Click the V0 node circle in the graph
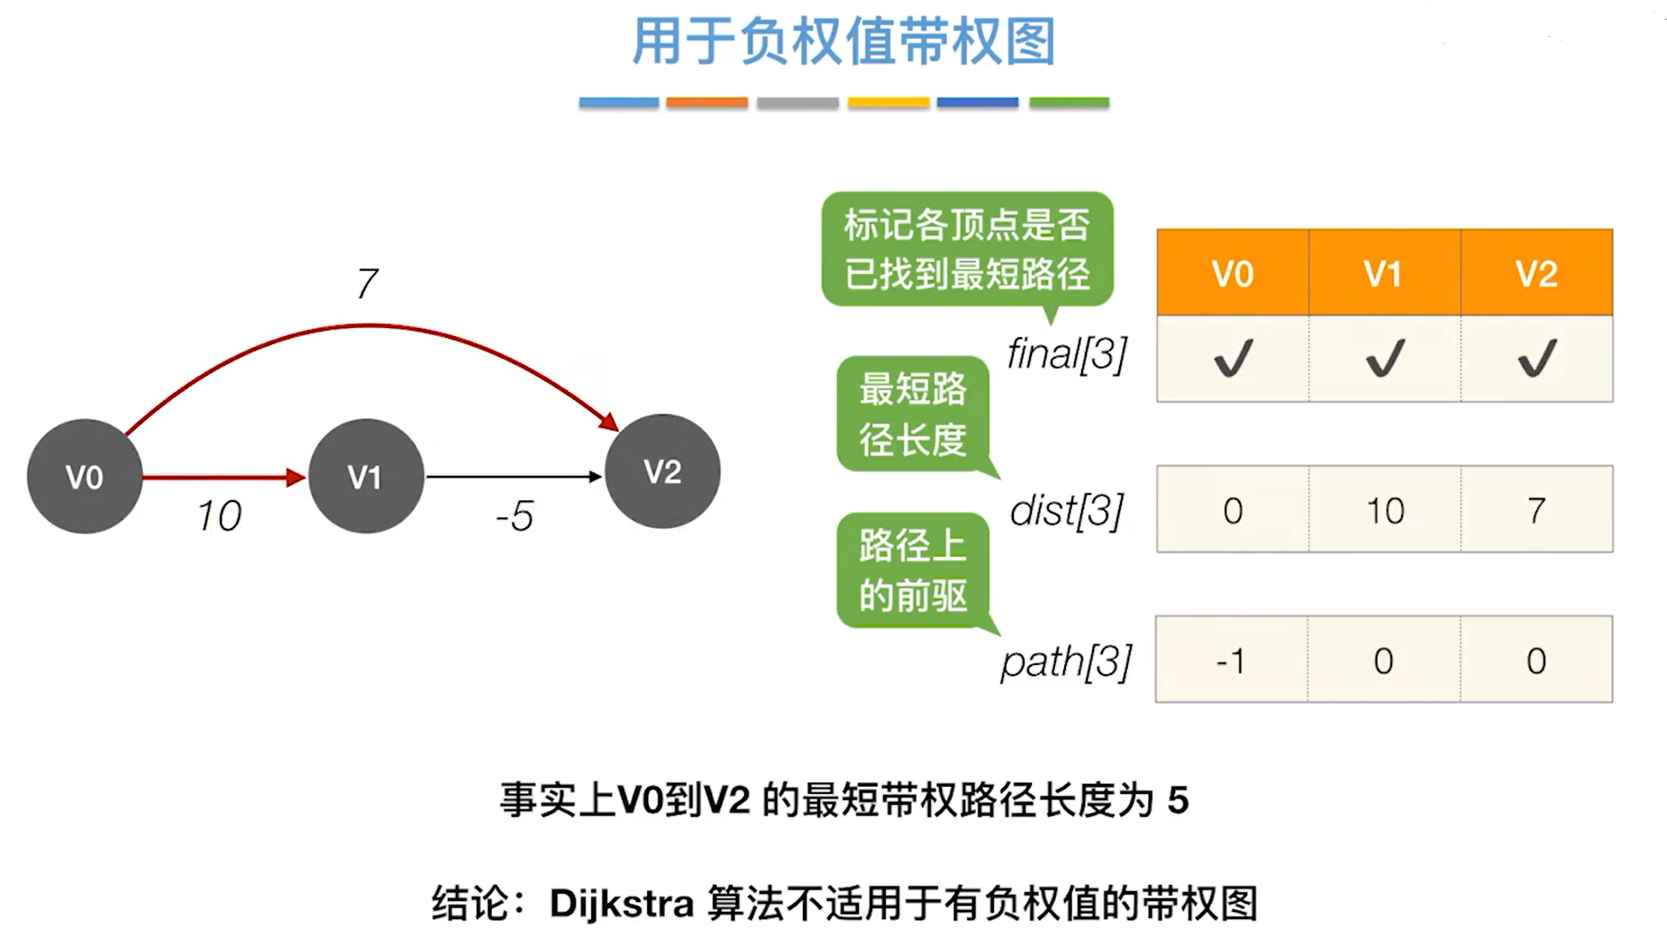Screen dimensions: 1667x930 click(x=85, y=476)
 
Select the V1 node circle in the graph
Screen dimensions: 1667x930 click(x=366, y=476)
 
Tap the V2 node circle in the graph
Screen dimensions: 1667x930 click(x=662, y=471)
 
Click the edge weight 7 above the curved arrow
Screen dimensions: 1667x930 click(x=367, y=284)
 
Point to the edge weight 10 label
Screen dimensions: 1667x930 click(x=219, y=516)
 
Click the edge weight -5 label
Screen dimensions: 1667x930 click(x=515, y=516)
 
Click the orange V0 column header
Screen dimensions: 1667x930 click(x=1233, y=273)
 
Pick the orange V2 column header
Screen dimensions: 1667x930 click(x=1536, y=273)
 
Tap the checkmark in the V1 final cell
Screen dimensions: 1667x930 click(x=1385, y=359)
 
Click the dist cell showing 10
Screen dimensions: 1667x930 click(x=1385, y=510)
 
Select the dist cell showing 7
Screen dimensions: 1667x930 click(x=1536, y=510)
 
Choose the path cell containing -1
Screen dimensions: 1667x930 click(x=1231, y=661)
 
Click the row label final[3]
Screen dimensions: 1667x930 click(x=1067, y=354)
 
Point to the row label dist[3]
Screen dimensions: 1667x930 click(x=1067, y=511)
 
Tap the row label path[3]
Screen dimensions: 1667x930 click(x=1066, y=662)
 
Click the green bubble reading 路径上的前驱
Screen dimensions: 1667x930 click(x=913, y=570)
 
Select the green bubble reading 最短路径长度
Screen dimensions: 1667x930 click(x=913, y=415)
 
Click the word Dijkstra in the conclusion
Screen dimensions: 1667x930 click(x=622, y=903)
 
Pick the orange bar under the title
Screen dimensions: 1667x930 click(x=707, y=103)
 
